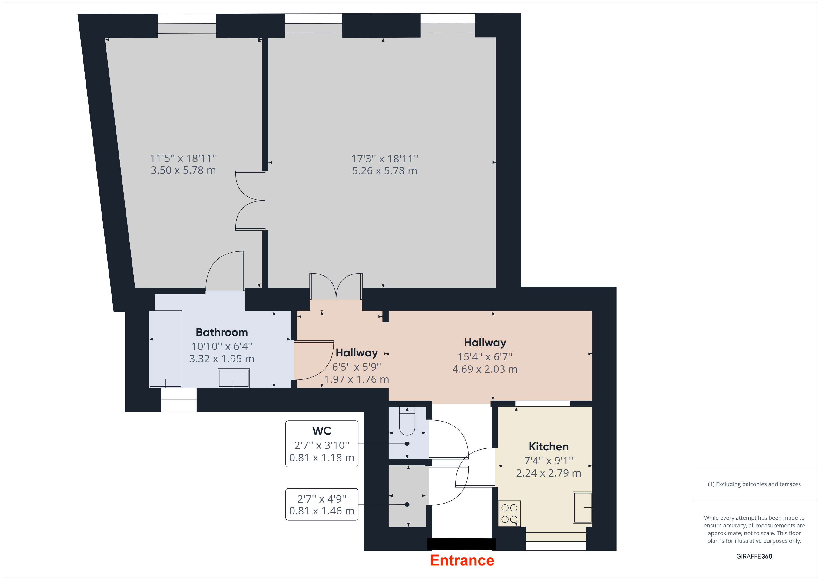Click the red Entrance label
(x=462, y=560)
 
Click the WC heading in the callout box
(x=322, y=431)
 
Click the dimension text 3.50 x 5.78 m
(x=183, y=170)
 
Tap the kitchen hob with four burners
(x=509, y=513)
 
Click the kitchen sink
(x=582, y=507)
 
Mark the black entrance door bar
(x=462, y=544)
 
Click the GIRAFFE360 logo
(x=754, y=557)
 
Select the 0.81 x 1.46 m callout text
(x=322, y=511)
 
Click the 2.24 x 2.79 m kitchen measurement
(x=549, y=473)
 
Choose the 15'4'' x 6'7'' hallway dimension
(x=485, y=356)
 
